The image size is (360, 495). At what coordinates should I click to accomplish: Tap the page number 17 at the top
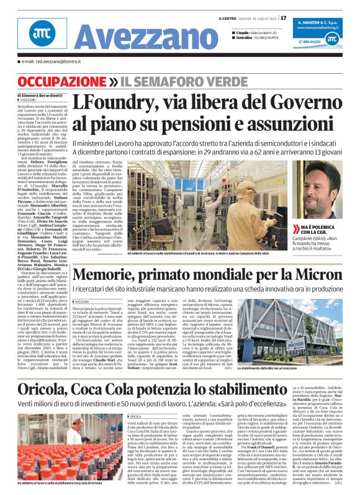284,17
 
